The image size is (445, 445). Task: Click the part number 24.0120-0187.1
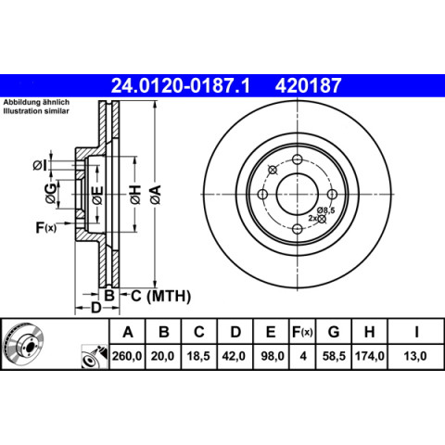[180, 85]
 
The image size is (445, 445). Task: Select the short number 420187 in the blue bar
[308, 85]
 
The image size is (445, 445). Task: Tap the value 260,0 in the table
[127, 356]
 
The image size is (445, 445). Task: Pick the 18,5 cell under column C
[198, 356]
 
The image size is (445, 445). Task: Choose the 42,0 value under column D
[234, 356]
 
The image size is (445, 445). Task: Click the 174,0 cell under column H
[370, 356]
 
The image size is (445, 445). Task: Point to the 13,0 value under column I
[415, 356]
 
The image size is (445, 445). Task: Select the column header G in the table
[334, 332]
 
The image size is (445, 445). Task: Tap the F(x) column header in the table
[302, 332]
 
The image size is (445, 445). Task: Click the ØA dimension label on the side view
[156, 194]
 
